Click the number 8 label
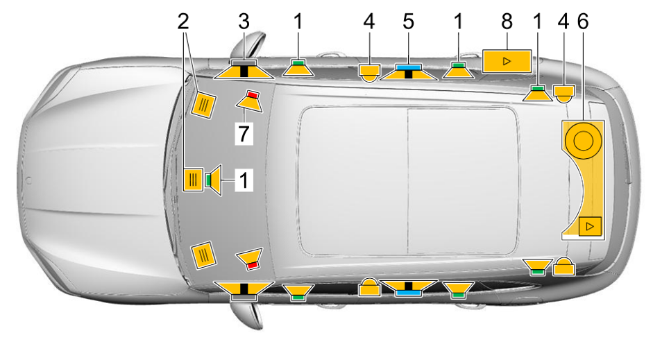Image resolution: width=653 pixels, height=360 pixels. tap(507, 22)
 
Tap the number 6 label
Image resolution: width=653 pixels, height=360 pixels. tap(583, 22)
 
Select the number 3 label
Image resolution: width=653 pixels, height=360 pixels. tap(244, 22)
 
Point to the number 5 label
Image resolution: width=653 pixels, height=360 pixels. tap(409, 22)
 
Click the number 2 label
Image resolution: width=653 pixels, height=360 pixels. tap(183, 22)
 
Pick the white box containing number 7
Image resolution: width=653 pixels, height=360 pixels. tap(244, 134)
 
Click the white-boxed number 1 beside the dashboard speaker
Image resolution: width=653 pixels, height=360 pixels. tap(244, 180)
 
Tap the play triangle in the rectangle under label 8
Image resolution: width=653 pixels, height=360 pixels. tap(507, 62)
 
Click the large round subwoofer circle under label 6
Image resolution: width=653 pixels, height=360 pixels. tap(583, 141)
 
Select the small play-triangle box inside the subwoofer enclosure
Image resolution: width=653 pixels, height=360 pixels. tap(590, 227)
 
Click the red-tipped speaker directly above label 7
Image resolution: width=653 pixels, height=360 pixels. tap(250, 101)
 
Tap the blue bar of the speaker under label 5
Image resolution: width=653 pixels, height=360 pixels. tap(409, 67)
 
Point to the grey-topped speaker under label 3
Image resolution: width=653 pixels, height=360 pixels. tap(244, 69)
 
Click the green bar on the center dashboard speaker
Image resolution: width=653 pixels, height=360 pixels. tap(208, 180)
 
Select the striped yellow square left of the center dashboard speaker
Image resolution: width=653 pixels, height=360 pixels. tap(193, 180)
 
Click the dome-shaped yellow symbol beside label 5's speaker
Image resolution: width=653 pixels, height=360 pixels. tap(369, 72)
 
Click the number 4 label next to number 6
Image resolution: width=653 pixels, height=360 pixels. tap(563, 22)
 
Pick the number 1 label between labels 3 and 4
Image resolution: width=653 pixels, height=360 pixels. tap(298, 22)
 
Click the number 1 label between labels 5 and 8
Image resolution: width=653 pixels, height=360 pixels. tap(458, 22)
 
